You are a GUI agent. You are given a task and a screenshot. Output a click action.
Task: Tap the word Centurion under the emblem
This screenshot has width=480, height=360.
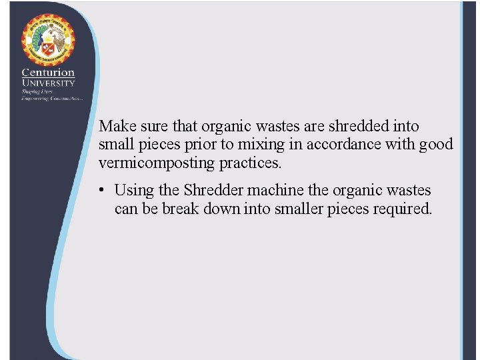[x=48, y=72]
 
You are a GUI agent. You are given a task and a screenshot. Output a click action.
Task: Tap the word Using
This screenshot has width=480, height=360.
[x=133, y=191]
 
